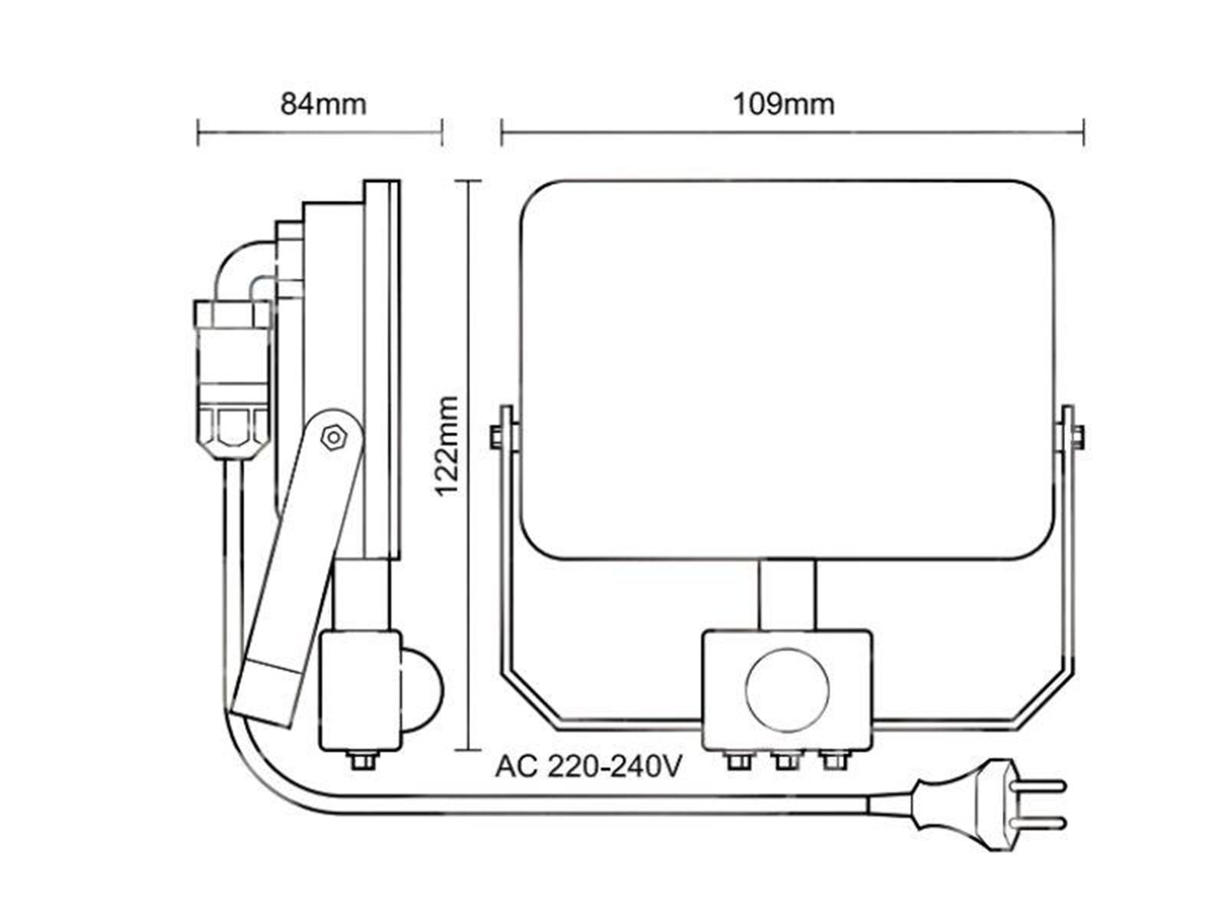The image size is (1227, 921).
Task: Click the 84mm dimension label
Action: [x=323, y=104]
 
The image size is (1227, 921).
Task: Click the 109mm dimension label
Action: [x=784, y=104]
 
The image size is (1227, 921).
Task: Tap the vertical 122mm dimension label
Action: [x=446, y=446]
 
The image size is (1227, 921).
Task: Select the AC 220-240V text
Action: [x=588, y=767]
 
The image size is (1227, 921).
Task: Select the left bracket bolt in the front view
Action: [x=496, y=437]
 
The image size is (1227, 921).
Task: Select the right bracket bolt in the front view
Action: [x=1079, y=437]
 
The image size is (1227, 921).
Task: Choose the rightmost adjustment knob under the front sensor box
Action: [x=834, y=761]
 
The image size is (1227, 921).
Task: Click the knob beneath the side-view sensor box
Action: [x=362, y=761]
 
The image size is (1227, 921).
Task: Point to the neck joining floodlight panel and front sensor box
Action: [x=787, y=596]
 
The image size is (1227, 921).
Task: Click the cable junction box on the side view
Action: [x=232, y=378]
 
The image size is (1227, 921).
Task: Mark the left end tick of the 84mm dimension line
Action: [x=198, y=133]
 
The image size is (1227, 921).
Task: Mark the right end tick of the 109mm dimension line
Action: [x=1084, y=133]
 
